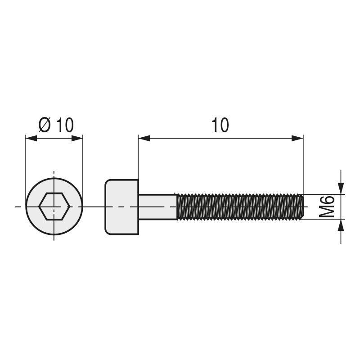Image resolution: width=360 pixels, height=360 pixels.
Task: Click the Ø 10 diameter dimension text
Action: pos(56,126)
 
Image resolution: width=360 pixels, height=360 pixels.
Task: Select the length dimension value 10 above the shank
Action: pos(220,126)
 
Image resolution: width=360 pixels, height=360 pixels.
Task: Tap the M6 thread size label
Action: pos(327,207)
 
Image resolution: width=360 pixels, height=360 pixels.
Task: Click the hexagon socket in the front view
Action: pos(54,207)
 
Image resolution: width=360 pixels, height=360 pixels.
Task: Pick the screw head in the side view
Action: pos(122,207)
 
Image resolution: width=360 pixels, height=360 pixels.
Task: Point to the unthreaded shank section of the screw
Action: pos(157,207)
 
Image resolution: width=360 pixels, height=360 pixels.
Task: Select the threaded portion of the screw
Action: pos(238,207)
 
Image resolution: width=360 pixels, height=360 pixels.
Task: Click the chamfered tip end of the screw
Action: pos(302,207)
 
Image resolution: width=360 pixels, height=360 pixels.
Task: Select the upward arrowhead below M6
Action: pos(341,225)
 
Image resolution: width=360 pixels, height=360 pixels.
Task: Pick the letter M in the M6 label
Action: pos(327,212)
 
